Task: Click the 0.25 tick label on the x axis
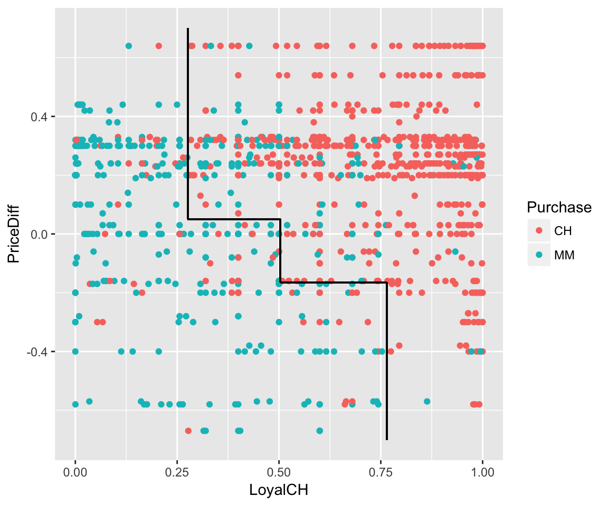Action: tap(177, 473)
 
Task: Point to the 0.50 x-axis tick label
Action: tap(279, 473)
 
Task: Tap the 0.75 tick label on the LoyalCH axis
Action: tap(381, 473)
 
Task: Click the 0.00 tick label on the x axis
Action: tap(75, 473)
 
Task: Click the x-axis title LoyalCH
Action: tap(279, 490)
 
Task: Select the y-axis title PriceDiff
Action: tap(14, 234)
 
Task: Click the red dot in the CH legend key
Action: tap(539, 230)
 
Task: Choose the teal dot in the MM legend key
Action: tap(539, 255)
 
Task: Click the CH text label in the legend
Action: tap(563, 230)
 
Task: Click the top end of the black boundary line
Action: tap(188, 28)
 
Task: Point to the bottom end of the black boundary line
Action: tap(387, 439)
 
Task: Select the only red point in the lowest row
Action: tap(188, 431)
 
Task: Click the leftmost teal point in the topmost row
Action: tap(128, 46)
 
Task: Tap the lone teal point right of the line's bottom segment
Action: tap(427, 402)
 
